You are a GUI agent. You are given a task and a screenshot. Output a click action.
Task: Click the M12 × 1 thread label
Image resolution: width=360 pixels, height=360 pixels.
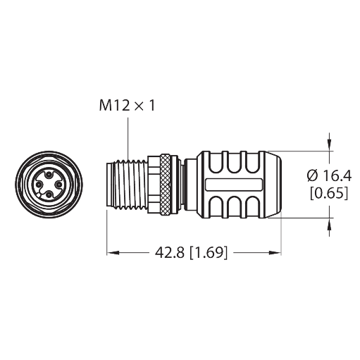click(x=127, y=106)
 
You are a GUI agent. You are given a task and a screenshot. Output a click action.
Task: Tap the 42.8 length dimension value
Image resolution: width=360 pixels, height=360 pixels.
click(x=170, y=253)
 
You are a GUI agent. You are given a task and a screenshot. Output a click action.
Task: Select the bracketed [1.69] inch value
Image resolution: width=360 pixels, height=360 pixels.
click(x=209, y=253)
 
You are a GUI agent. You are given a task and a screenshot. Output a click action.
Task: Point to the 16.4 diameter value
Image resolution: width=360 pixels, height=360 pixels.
click(x=337, y=175)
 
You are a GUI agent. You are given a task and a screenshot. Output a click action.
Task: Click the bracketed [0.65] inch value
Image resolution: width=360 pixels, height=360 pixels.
click(x=329, y=193)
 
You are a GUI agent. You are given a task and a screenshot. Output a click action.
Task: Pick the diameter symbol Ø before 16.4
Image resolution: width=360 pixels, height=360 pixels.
click(x=313, y=176)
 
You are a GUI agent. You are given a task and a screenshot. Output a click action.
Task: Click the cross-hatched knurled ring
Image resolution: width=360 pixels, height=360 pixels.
click(x=165, y=185)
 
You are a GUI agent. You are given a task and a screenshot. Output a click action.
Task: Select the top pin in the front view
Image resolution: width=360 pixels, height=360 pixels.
click(x=49, y=175)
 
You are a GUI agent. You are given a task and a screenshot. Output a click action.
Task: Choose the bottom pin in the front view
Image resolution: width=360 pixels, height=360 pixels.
click(x=49, y=194)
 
